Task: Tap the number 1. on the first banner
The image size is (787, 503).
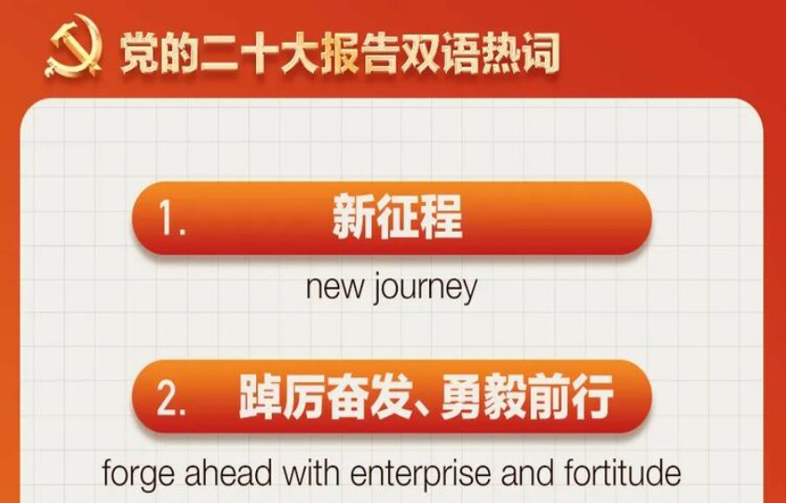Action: pyautogui.click(x=172, y=218)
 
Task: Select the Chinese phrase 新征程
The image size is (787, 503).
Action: pyautogui.click(x=397, y=217)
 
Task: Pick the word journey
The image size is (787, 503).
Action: pyautogui.click(x=425, y=289)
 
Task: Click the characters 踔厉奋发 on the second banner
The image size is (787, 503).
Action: pyautogui.click(x=325, y=397)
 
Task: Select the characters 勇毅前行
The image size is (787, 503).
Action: pyautogui.click(x=526, y=397)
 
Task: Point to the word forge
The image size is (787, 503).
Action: pyautogui.click(x=137, y=473)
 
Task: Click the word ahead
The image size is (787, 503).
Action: pyautogui.click(x=228, y=472)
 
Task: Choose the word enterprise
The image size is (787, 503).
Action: pyautogui.click(x=421, y=474)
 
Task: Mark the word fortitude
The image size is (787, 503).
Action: pyautogui.click(x=622, y=472)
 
